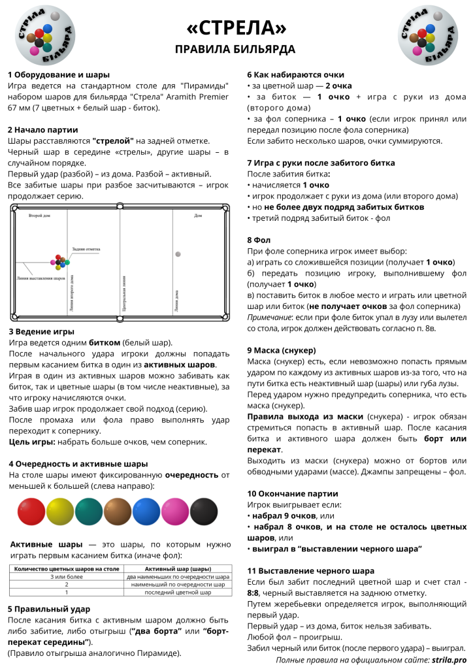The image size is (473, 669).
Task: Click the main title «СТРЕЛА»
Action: [x=236, y=28]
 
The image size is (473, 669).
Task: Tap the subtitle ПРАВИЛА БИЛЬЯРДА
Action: [x=236, y=50]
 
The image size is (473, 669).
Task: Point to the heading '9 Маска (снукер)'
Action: [x=282, y=350]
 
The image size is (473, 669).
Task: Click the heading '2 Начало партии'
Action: [x=43, y=129]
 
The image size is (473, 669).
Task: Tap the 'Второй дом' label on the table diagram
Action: [x=40, y=214]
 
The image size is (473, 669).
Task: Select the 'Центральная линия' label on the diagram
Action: [x=123, y=291]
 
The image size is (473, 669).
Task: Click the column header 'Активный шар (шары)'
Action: [x=177, y=569]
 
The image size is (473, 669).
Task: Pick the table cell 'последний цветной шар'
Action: [x=177, y=593]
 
